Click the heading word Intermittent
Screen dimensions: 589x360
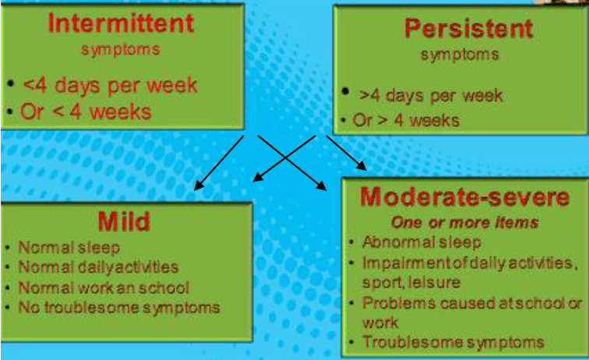[x=121, y=23]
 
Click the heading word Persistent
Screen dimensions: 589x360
[x=468, y=29]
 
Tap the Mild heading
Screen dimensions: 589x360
[x=124, y=221]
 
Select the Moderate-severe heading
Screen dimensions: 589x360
[x=464, y=197]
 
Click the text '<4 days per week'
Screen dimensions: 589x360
[x=111, y=85]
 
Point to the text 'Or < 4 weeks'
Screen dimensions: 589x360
[x=86, y=111]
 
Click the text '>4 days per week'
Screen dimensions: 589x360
[x=431, y=95]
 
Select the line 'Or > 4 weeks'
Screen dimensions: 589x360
[x=406, y=120]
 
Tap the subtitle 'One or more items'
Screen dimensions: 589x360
[x=464, y=222]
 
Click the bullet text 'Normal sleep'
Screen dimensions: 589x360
[x=69, y=248]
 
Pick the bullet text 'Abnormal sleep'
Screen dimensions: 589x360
[x=421, y=242]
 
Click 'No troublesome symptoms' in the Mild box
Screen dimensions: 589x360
[x=119, y=307]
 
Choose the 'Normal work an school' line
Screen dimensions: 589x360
[x=104, y=288]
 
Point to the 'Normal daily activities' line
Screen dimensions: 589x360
[x=98, y=267]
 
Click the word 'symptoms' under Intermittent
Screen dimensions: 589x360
[x=121, y=50]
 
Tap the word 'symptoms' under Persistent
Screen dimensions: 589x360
[x=460, y=55]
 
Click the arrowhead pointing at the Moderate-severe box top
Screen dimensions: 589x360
[x=362, y=167]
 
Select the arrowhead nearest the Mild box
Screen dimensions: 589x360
[x=198, y=185]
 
